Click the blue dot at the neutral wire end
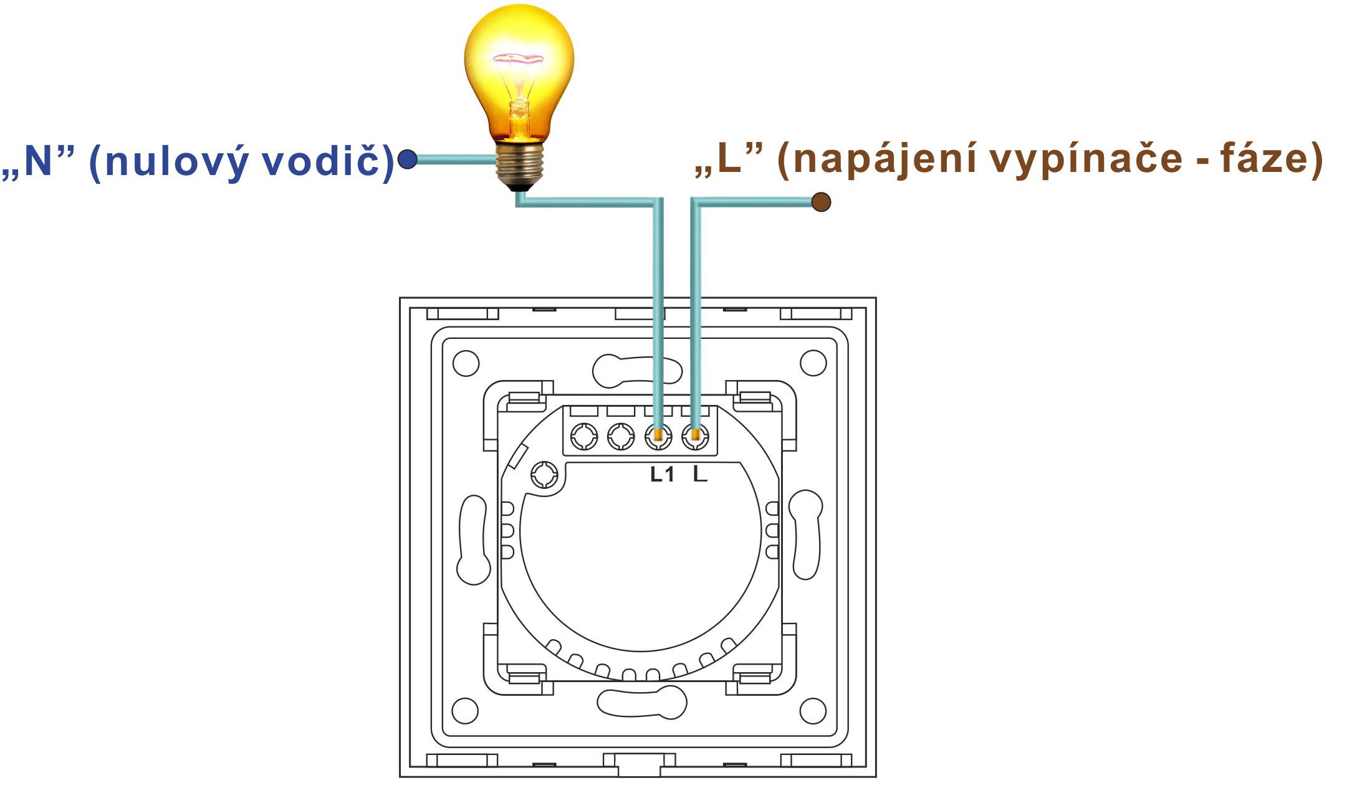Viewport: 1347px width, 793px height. [x=407, y=159]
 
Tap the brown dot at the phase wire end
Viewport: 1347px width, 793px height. [x=821, y=202]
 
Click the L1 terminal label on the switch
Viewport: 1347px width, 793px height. [x=662, y=475]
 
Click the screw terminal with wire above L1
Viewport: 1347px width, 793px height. [x=658, y=436]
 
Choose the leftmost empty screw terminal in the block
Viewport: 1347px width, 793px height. [x=584, y=436]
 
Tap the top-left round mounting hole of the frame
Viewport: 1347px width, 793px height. [x=466, y=363]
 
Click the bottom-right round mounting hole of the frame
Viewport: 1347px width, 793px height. [x=813, y=711]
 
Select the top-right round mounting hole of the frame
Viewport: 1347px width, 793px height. [x=813, y=363]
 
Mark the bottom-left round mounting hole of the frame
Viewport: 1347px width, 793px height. [x=465, y=711]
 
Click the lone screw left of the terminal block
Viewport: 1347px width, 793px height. [x=545, y=475]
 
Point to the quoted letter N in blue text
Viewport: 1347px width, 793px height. [x=39, y=161]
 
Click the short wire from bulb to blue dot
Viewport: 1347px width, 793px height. [x=455, y=159]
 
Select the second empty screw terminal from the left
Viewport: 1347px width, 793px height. [x=621, y=436]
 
